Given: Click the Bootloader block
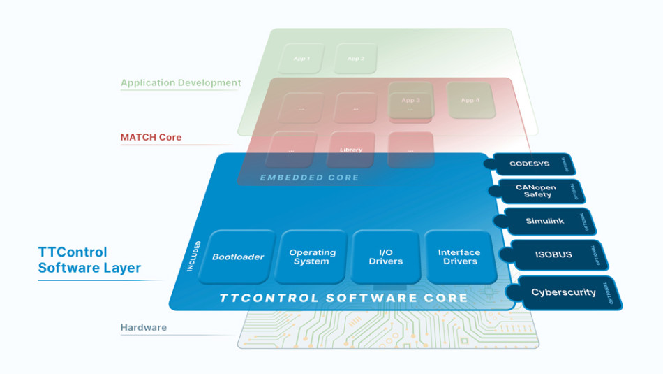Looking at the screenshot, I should pyautogui.click(x=237, y=257).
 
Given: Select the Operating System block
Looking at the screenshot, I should pyautogui.click(x=311, y=257).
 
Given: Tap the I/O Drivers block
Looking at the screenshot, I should pyautogui.click(x=385, y=257).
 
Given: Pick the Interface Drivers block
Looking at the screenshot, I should pyautogui.click(x=459, y=257).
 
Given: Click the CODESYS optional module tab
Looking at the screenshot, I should pyautogui.click(x=530, y=164).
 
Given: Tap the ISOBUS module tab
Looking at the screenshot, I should pyautogui.click(x=553, y=254).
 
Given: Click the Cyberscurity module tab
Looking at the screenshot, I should pyautogui.click(x=564, y=292).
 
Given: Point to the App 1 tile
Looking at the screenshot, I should pyautogui.click(x=301, y=59).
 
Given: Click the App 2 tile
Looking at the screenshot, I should pyautogui.click(x=356, y=59).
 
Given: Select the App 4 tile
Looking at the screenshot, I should pyautogui.click(x=470, y=100).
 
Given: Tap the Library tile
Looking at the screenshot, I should pyautogui.click(x=351, y=150).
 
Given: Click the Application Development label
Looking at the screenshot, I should pyautogui.click(x=181, y=82).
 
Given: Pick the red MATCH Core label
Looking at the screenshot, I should pyautogui.click(x=151, y=137).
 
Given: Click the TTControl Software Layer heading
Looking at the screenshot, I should pyautogui.click(x=89, y=260).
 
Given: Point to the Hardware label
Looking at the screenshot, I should pyautogui.click(x=144, y=327).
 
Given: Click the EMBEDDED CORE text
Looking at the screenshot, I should pyautogui.click(x=309, y=178).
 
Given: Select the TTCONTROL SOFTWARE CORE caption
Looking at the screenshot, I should pyautogui.click(x=343, y=298).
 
